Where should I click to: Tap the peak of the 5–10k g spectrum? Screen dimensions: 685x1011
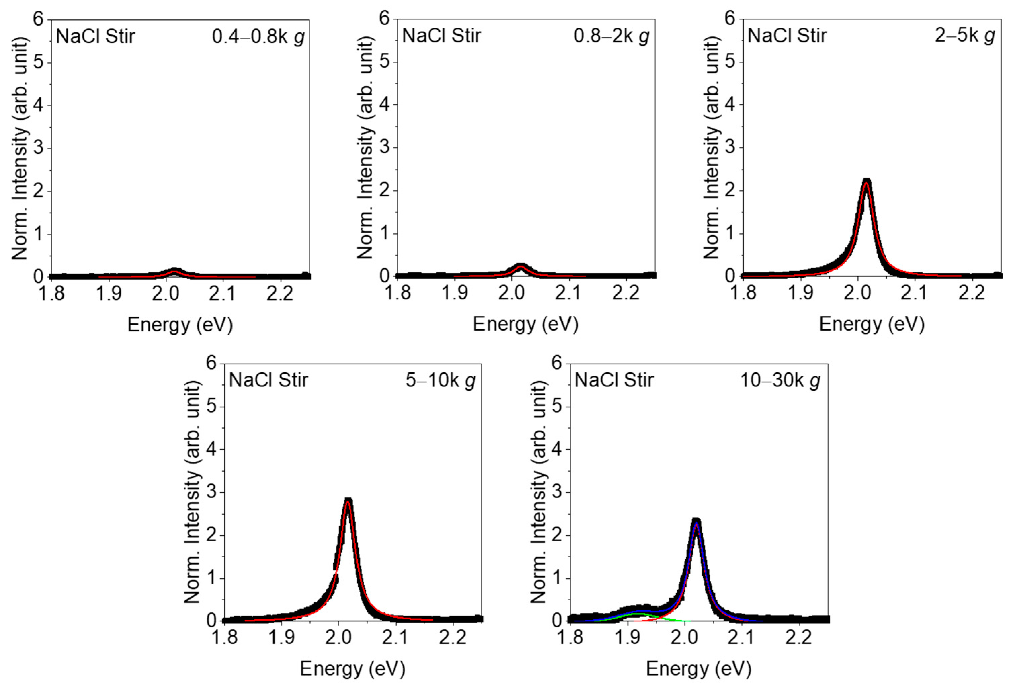[348, 501]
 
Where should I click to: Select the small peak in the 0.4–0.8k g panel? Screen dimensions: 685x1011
[174, 270]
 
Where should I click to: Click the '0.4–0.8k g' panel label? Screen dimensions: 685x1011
[258, 37]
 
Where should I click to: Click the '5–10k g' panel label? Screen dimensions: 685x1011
[440, 381]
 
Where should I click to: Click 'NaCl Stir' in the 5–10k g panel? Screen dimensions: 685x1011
[268, 381]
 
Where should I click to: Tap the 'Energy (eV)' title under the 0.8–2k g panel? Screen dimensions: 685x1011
[525, 324]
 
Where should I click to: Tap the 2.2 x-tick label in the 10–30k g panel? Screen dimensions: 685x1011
[798, 638]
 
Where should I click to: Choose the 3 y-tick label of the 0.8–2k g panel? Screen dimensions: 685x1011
[385, 147]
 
